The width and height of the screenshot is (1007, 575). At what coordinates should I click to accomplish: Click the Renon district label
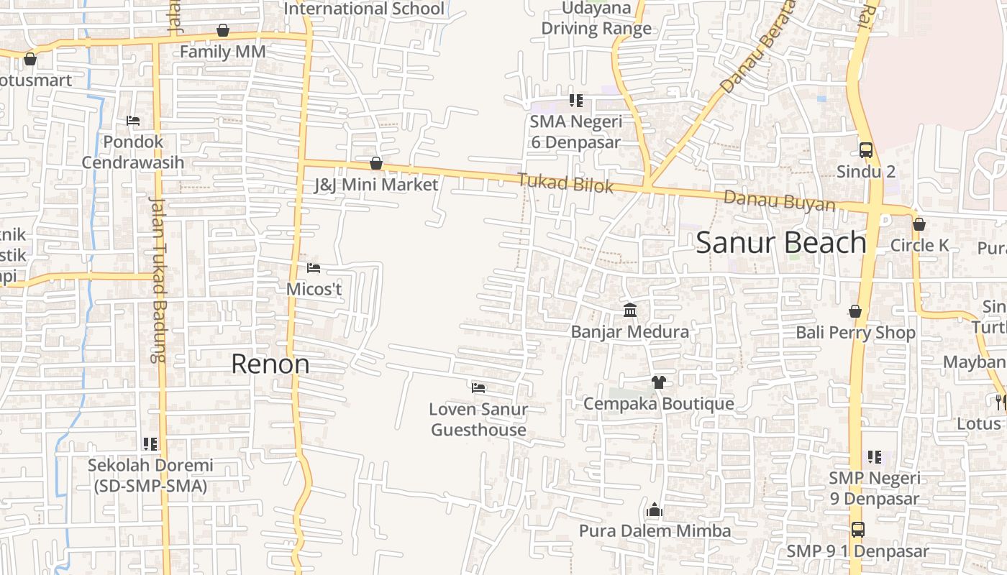(270, 364)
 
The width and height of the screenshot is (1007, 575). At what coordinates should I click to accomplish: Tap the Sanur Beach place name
(781, 243)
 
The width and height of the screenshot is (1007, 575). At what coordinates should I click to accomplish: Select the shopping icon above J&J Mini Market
(375, 164)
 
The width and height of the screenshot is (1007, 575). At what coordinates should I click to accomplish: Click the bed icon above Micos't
(314, 268)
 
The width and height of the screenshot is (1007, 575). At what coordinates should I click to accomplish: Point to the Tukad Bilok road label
(566, 183)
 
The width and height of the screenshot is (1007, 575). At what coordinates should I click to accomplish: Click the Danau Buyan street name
(780, 201)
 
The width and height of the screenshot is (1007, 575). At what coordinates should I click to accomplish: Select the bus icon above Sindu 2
(866, 150)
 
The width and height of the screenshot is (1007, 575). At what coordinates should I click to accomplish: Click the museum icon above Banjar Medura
(630, 310)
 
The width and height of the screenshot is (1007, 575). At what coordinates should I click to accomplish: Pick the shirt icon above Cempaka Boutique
(658, 382)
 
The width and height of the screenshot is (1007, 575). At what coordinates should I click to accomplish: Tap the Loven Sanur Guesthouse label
(478, 420)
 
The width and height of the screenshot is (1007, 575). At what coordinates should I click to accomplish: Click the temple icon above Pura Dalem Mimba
(655, 510)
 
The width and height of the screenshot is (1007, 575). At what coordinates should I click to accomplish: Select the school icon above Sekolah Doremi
(150, 444)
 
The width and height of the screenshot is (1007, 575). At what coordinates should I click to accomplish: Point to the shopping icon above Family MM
(223, 31)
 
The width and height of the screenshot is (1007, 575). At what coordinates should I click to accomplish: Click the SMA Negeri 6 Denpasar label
(575, 132)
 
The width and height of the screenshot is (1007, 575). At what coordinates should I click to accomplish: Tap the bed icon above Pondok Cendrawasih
(133, 121)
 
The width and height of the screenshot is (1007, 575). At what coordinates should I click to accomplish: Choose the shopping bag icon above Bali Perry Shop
(855, 311)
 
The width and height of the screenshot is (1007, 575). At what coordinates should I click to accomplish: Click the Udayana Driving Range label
(596, 19)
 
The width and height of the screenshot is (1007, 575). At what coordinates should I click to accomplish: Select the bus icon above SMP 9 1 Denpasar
(858, 530)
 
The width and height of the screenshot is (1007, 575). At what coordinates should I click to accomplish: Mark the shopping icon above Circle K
(919, 224)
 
